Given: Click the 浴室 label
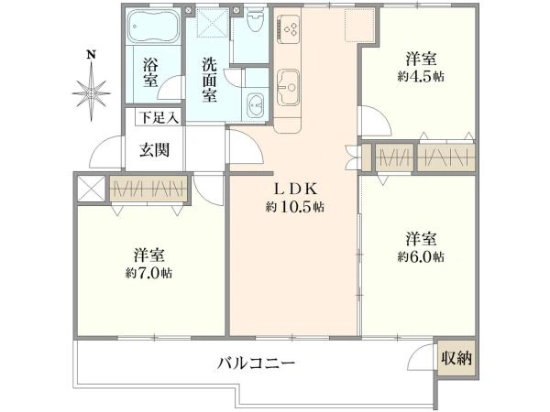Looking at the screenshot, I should coord(150,71).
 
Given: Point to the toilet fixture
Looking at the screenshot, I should coord(255,20).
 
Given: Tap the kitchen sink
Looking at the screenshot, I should coord(290,83).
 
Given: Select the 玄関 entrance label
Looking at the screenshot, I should coord(154,151).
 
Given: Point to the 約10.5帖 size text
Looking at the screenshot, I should coord(294,208).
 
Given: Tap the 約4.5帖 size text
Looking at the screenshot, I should coord(421,76).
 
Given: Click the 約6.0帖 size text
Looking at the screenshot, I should coord(421,256).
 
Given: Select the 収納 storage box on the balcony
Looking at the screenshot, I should coord(456,358).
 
